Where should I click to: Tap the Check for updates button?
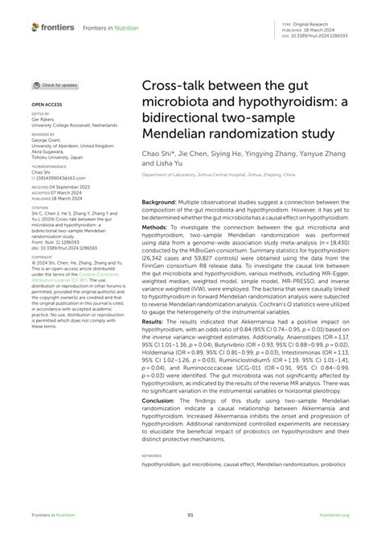point(55,84)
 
